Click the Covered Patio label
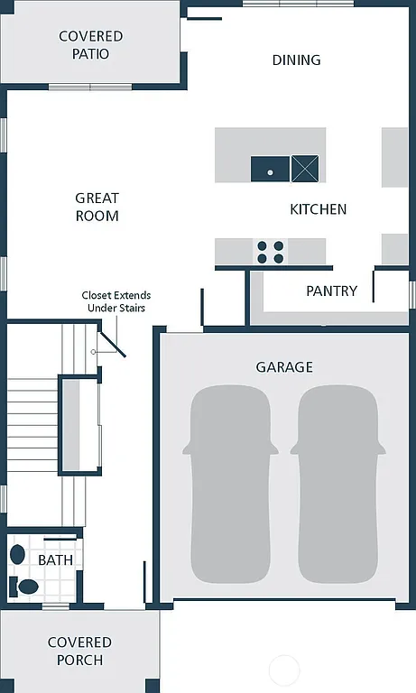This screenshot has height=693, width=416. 90,45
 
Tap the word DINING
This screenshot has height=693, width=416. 296,60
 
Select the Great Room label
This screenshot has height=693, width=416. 97,207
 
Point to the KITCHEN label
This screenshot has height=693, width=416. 318,209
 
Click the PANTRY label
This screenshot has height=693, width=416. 331,291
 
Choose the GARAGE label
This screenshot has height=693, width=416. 284,367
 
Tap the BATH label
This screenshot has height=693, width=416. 55,560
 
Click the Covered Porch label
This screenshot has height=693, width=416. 79,651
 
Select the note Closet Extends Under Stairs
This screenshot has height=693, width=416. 116,301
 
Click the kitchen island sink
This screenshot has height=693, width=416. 270,169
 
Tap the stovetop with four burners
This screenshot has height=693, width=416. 270,252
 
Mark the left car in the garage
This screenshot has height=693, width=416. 230,484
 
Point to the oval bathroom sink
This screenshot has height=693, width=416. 17,554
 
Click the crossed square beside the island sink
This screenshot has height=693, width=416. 305,169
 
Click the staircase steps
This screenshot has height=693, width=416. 34,424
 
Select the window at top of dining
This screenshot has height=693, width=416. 298,4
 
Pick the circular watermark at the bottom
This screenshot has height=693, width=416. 283,670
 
